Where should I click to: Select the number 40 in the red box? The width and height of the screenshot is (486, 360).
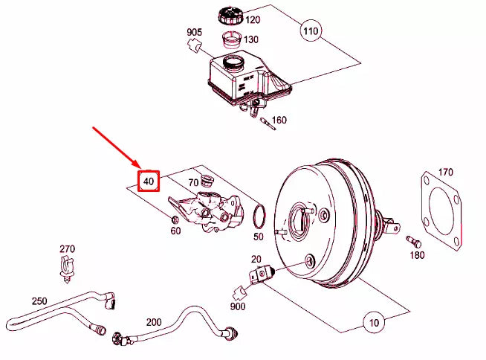pyautogui.click(x=149, y=181)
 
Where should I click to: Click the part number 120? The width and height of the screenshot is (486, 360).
pyautogui.click(x=253, y=20)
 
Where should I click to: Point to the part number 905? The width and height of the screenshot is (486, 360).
pyautogui.click(x=195, y=32)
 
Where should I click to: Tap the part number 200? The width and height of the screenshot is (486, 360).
pyautogui.click(x=154, y=323)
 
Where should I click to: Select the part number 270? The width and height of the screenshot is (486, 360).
pyautogui.click(x=67, y=248)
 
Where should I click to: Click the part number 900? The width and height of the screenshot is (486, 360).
pyautogui.click(x=239, y=306)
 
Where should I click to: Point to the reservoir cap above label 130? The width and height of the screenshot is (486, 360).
pyautogui.click(x=227, y=15)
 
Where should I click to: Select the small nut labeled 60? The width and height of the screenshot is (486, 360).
pyautogui.click(x=174, y=219)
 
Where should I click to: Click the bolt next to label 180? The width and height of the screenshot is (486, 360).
pyautogui.click(x=412, y=240)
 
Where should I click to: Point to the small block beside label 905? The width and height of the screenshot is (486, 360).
pyautogui.click(x=197, y=47)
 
